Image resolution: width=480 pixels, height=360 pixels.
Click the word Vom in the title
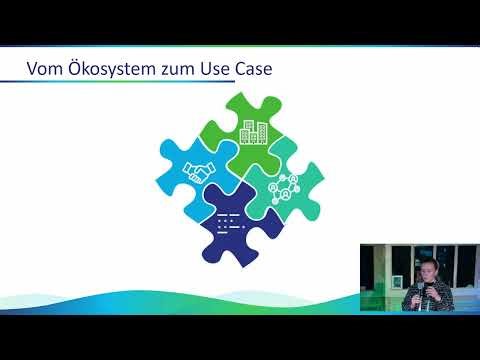click(44, 70)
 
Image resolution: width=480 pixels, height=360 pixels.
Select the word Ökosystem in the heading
click(109, 70)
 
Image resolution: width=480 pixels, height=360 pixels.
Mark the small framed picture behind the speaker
click(400, 283)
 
